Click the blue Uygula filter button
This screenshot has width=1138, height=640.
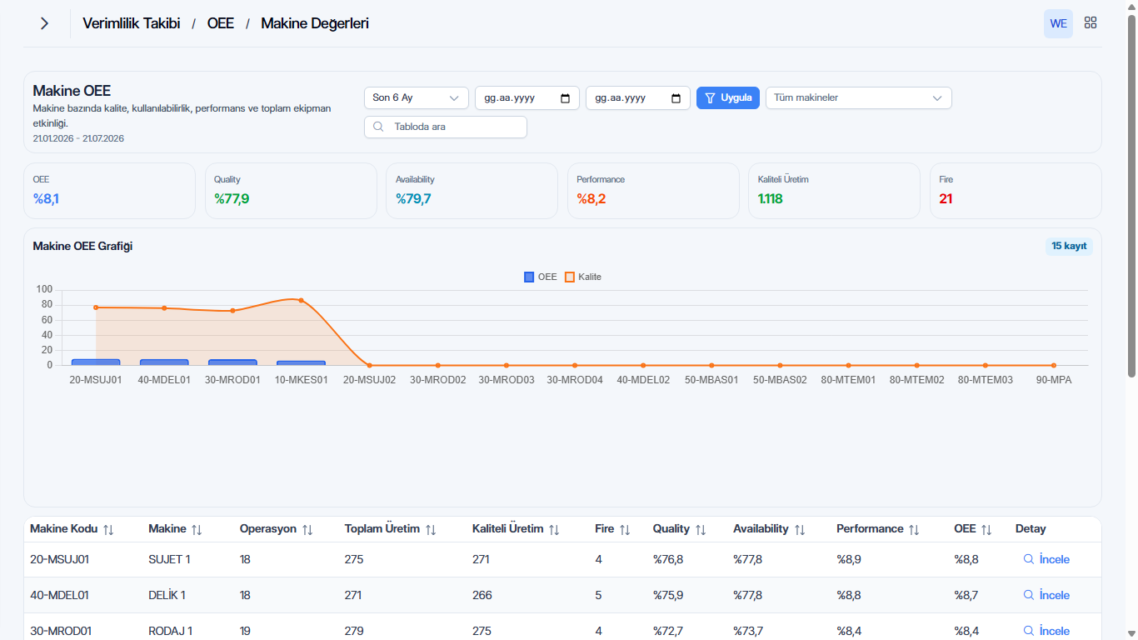pos(727,97)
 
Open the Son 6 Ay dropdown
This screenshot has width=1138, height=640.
pos(416,97)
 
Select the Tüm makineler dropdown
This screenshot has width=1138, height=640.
pos(858,97)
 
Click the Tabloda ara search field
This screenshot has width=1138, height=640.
pos(446,127)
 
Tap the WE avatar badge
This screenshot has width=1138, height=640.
pos(1058,23)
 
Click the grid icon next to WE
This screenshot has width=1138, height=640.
pos(1091,22)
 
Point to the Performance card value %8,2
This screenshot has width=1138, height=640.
pos(591,199)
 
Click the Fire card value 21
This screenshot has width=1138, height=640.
pos(946,199)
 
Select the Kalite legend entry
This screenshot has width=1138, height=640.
pos(583,277)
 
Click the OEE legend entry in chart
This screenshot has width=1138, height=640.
pos(541,277)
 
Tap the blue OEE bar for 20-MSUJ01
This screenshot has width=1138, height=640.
pos(96,362)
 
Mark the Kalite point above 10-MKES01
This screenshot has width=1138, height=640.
pos(302,301)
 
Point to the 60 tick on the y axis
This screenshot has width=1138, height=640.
pos(47,320)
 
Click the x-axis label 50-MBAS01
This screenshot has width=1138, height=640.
pos(711,380)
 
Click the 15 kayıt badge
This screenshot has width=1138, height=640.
pos(1069,246)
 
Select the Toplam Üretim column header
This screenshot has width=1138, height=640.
pos(382,528)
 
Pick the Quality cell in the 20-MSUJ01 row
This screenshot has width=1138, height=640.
pos(668,559)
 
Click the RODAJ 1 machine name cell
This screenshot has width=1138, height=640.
pos(170,631)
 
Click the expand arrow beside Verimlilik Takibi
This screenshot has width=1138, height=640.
pos(44,23)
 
